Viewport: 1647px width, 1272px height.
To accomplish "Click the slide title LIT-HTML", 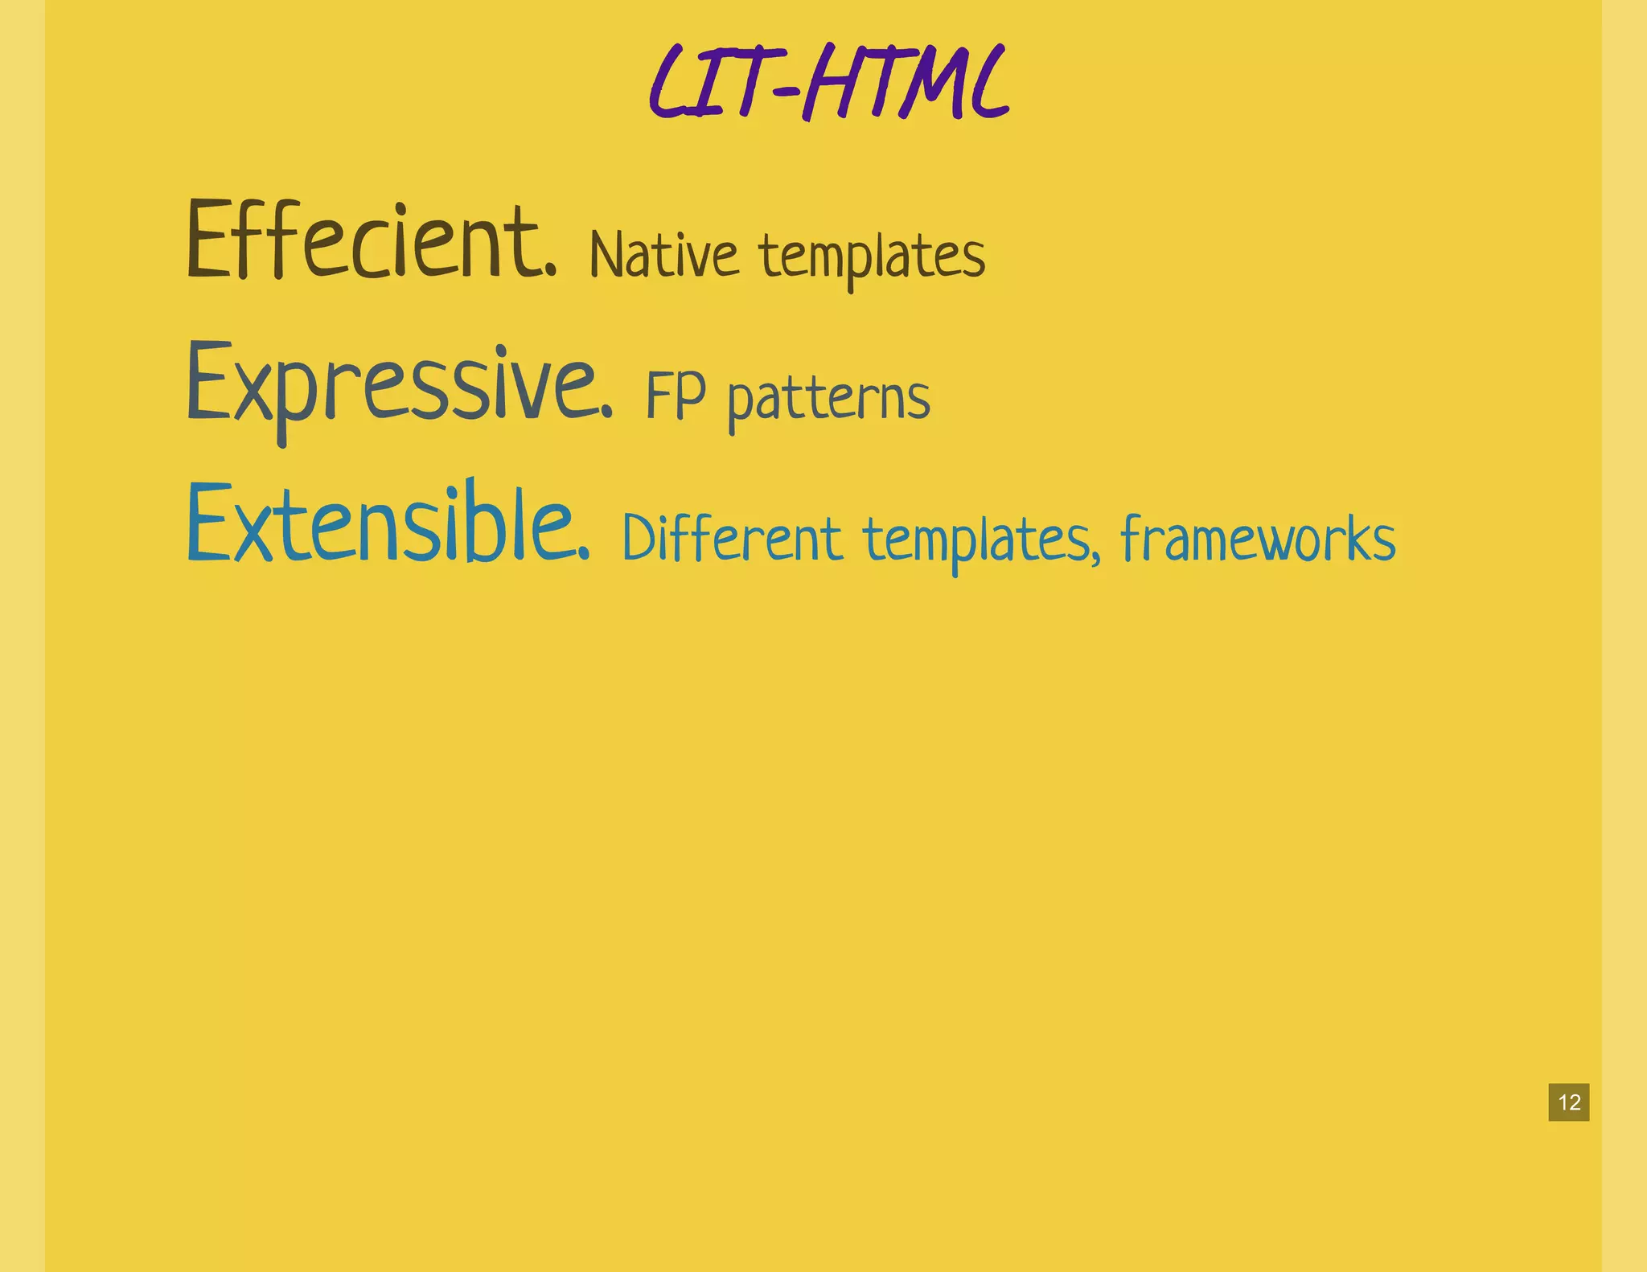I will [x=828, y=83].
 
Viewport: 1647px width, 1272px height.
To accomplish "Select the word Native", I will [x=663, y=256].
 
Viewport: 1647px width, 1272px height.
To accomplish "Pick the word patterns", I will [x=829, y=400].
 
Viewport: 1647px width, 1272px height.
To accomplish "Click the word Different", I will [x=732, y=539].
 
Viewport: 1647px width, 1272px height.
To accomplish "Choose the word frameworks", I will [x=1258, y=539].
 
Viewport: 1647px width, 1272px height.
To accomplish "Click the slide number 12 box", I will [x=1568, y=1102].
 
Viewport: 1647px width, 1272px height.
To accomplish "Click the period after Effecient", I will [x=550, y=271].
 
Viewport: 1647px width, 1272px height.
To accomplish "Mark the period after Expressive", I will [x=606, y=413].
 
